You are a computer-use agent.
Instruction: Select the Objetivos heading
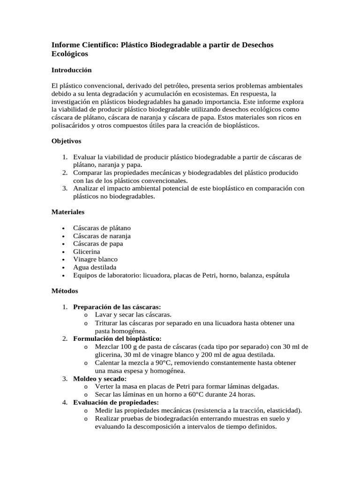(66, 141)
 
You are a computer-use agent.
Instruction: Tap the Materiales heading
(67, 212)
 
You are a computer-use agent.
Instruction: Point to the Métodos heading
(65, 291)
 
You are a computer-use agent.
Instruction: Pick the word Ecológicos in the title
(70, 54)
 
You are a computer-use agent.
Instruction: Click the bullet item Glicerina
(87, 252)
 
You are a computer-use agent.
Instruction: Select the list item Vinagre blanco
(95, 259)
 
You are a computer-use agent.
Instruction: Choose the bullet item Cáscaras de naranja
(102, 236)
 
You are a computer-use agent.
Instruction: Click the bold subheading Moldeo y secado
(100, 378)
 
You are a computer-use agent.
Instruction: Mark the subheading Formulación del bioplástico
(117, 338)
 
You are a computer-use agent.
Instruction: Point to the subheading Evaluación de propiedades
(116, 402)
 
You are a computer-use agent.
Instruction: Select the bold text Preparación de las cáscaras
(117, 307)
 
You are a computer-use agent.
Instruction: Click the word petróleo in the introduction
(176, 86)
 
